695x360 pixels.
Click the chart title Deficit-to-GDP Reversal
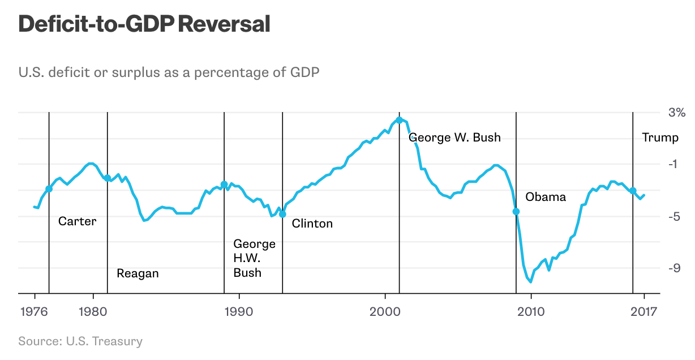point(144,24)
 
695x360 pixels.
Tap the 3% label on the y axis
point(676,112)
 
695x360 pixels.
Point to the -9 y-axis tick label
point(673,268)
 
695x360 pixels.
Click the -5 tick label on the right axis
point(673,216)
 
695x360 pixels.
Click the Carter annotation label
point(78,221)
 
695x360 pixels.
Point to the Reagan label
point(138,273)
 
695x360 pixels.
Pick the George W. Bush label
point(454,138)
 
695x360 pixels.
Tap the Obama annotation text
point(546,197)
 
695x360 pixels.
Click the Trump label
point(660,138)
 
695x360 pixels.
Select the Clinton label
point(312,224)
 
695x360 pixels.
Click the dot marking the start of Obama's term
point(516,211)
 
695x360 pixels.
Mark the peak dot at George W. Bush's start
point(400,120)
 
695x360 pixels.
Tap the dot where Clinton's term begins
point(282,214)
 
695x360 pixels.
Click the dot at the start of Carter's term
point(49,189)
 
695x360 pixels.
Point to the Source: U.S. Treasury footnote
point(80,341)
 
